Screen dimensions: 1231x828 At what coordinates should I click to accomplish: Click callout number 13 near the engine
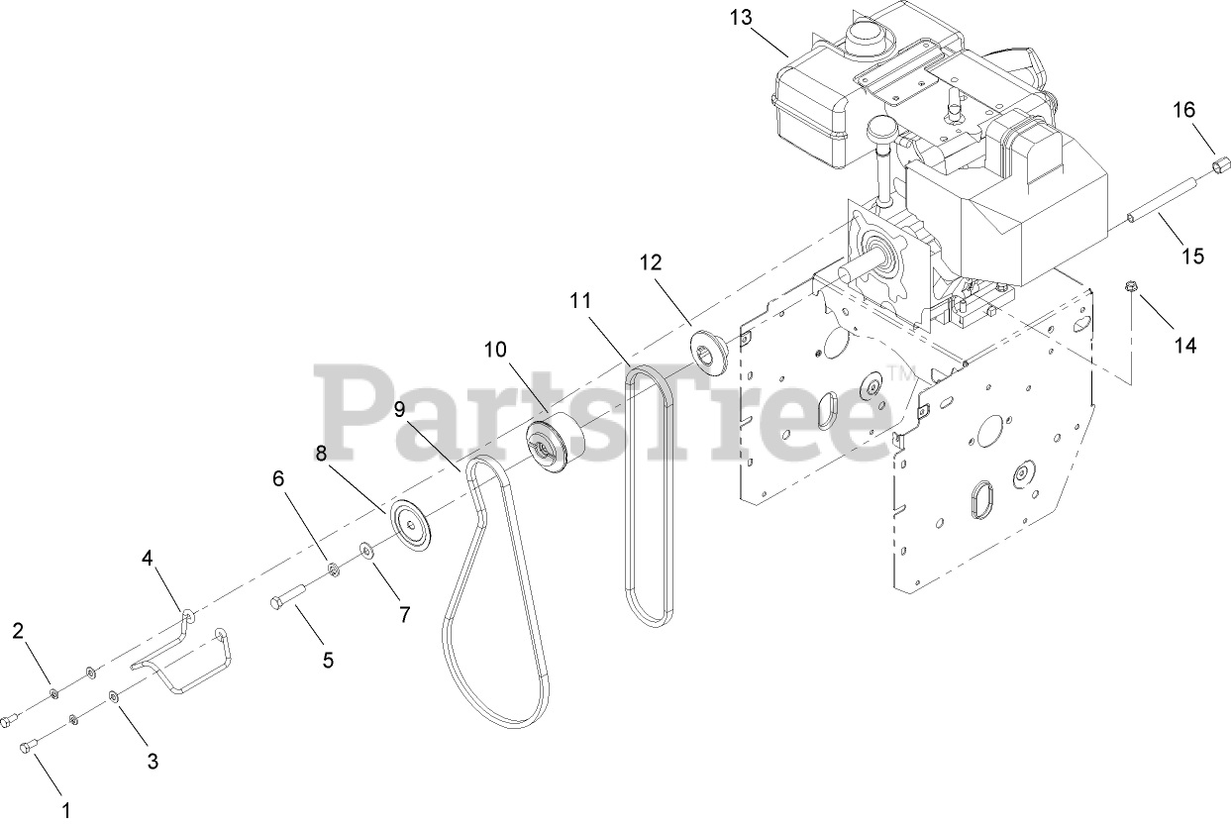pyautogui.click(x=740, y=17)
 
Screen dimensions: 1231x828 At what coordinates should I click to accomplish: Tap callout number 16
pyautogui.click(x=1184, y=109)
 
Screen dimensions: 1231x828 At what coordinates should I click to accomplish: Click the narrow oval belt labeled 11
pyautogui.click(x=649, y=495)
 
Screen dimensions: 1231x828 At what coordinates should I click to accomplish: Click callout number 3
pyautogui.click(x=153, y=761)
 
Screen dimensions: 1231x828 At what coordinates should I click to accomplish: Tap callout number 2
pyautogui.click(x=19, y=631)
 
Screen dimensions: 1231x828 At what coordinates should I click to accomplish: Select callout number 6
pyautogui.click(x=278, y=478)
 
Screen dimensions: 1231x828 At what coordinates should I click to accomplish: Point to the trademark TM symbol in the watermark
pyautogui.click(x=902, y=373)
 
